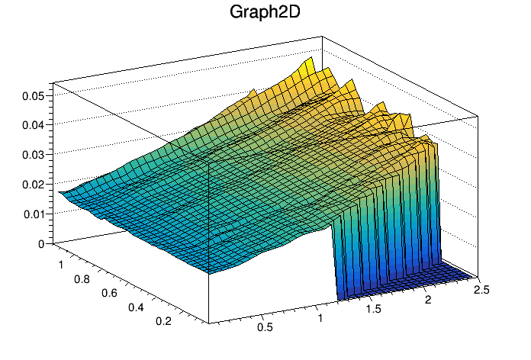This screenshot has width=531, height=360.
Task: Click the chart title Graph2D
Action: coord(265,13)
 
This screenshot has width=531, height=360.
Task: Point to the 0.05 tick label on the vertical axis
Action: coord(34,96)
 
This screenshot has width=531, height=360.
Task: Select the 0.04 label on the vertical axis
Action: coord(34,126)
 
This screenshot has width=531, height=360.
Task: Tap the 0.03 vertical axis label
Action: coord(34,156)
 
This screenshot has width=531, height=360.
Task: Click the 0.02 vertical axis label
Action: coord(34,185)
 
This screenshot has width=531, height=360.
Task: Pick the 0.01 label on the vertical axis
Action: coord(34,215)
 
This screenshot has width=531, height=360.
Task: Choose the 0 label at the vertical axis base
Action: coord(41,244)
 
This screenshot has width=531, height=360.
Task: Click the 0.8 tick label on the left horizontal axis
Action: coord(82,279)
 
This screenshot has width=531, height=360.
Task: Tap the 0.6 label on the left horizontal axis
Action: coord(109,294)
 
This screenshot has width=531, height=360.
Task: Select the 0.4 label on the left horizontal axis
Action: coord(136,307)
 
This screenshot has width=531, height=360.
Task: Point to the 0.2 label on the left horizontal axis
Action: coord(163,321)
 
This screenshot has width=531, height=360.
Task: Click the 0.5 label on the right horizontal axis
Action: coord(265,327)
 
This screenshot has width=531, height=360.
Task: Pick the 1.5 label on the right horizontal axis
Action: coord(374,309)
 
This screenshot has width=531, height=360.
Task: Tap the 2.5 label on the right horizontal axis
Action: coord(481,291)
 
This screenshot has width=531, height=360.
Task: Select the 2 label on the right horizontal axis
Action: coord(428,300)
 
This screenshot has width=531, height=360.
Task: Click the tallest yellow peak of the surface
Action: coord(310,58)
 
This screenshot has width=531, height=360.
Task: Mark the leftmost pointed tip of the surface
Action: coord(60,192)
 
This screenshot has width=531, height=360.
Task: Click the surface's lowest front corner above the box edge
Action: coord(209,273)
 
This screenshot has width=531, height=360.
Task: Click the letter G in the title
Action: coord(237,13)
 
